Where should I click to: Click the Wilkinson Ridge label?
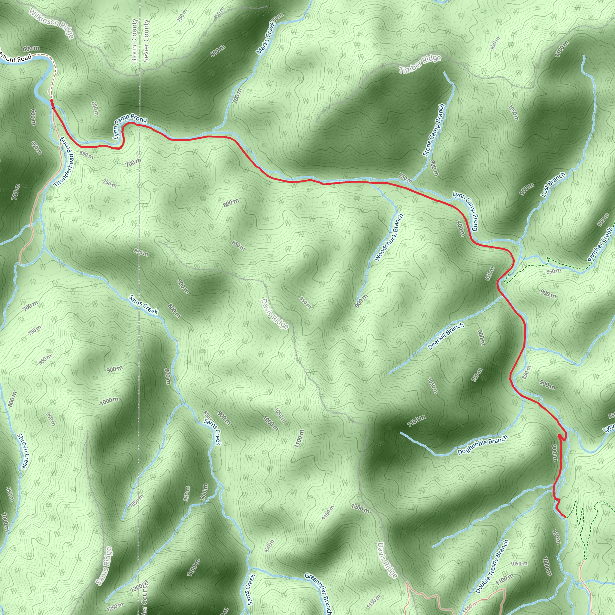pyautogui.click(x=51, y=24)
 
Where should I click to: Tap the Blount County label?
pyautogui.click(x=134, y=41)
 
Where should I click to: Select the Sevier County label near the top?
pyautogui.click(x=146, y=41)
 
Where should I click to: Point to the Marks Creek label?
pyautogui.click(x=265, y=38)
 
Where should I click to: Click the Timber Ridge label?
pyautogui.click(x=420, y=64)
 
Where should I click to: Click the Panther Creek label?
pyautogui.click(x=600, y=244)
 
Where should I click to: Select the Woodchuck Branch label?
pyautogui.click(x=389, y=238)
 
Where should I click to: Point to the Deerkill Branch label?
pyautogui.click(x=446, y=336)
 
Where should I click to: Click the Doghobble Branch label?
pyautogui.click(x=482, y=446)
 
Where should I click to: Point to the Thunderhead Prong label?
pyautogui.click(x=64, y=162)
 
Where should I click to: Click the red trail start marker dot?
pyautogui.click(x=52, y=101)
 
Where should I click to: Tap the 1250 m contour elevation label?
pyautogui.click(x=115, y=607)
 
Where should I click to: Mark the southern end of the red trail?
pyautogui.click(x=565, y=517)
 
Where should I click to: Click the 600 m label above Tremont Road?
pyautogui.click(x=31, y=48)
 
